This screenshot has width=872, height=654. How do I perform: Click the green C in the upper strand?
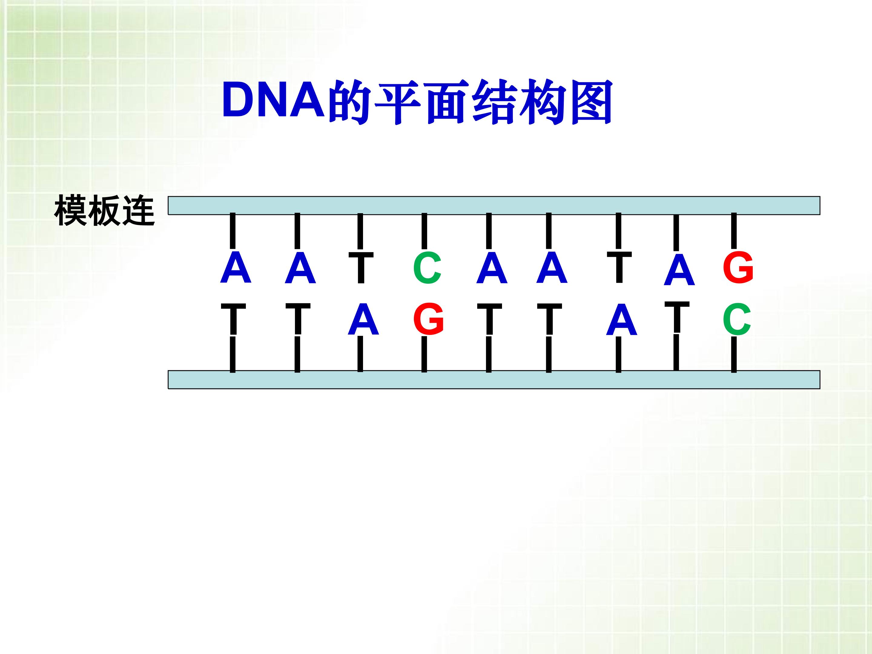pos(427,268)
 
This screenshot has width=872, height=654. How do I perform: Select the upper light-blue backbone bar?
pos(494,205)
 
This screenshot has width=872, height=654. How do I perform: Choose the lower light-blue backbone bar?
pos(494,380)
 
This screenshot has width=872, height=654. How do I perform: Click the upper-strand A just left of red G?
pos(679,270)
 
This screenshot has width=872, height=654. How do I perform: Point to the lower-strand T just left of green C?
pos(677,318)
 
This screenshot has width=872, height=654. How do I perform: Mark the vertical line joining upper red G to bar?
pos(734,231)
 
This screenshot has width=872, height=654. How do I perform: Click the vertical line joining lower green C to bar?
pos(734,354)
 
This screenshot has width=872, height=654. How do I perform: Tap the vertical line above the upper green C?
pos(424,231)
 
